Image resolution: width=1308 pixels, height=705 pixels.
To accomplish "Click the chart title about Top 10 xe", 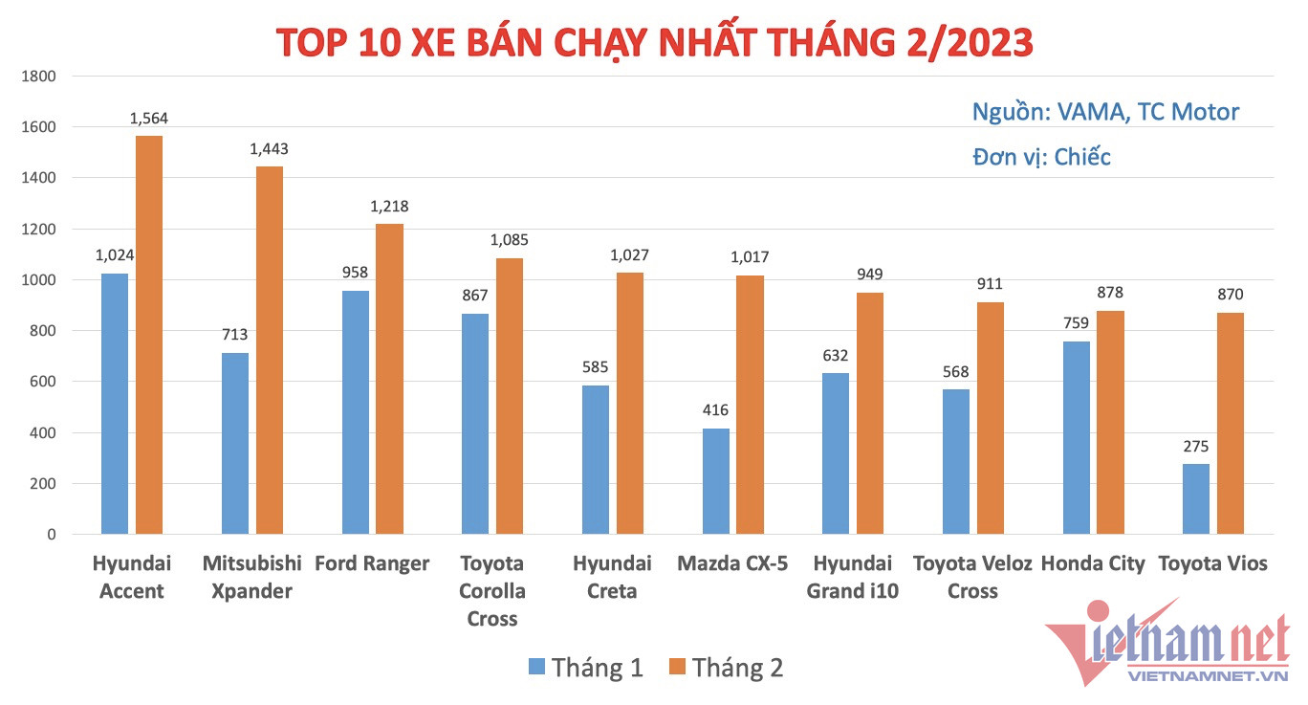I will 654,42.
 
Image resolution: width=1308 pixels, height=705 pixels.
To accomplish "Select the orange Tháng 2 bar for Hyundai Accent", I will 149,335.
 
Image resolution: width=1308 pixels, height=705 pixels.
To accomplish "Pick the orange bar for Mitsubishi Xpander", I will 270,350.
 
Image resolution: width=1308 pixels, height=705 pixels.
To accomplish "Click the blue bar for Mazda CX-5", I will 715,481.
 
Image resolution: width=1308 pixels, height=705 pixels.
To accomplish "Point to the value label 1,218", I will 389,207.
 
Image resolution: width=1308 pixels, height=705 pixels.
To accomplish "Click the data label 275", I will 1195,446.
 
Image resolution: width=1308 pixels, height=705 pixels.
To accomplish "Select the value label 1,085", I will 509,240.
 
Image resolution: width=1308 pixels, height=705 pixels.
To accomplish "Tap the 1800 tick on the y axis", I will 39,77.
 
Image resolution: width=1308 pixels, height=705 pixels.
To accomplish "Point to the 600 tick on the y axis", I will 43,382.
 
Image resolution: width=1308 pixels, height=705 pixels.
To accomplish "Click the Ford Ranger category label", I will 372,563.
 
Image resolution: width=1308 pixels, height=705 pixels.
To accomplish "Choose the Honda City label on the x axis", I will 1092,563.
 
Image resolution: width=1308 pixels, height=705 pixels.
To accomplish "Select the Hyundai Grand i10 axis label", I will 852,577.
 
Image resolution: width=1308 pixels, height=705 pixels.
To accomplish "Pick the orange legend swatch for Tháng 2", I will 676,667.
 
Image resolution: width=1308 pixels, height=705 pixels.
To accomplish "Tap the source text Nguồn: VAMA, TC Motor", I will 1105,112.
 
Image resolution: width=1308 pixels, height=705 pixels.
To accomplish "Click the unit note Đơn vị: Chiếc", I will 1041,157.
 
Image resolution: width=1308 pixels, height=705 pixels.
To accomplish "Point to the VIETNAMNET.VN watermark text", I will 1209,676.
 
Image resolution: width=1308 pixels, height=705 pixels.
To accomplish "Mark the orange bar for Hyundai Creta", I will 629,403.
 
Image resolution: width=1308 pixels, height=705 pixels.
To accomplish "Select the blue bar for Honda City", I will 1076,437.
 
